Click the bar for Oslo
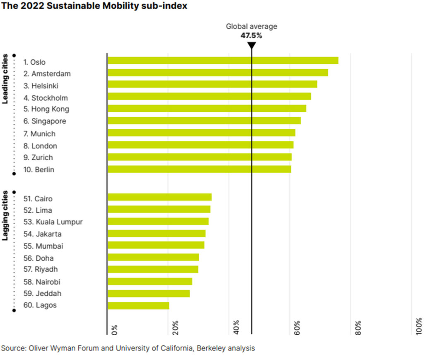pos(223,60)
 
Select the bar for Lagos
pos(138,306)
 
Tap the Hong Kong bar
pos(207,109)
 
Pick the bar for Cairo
pos(159,197)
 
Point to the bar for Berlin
pos(199,169)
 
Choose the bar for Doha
pos(153,257)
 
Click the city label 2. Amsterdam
pos(47,74)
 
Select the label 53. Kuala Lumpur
pos(53,222)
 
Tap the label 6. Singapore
pos(45,121)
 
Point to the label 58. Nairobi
pos(42,282)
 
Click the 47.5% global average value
pos(251,36)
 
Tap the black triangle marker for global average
pos(251,45)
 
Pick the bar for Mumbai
pos(156,245)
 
